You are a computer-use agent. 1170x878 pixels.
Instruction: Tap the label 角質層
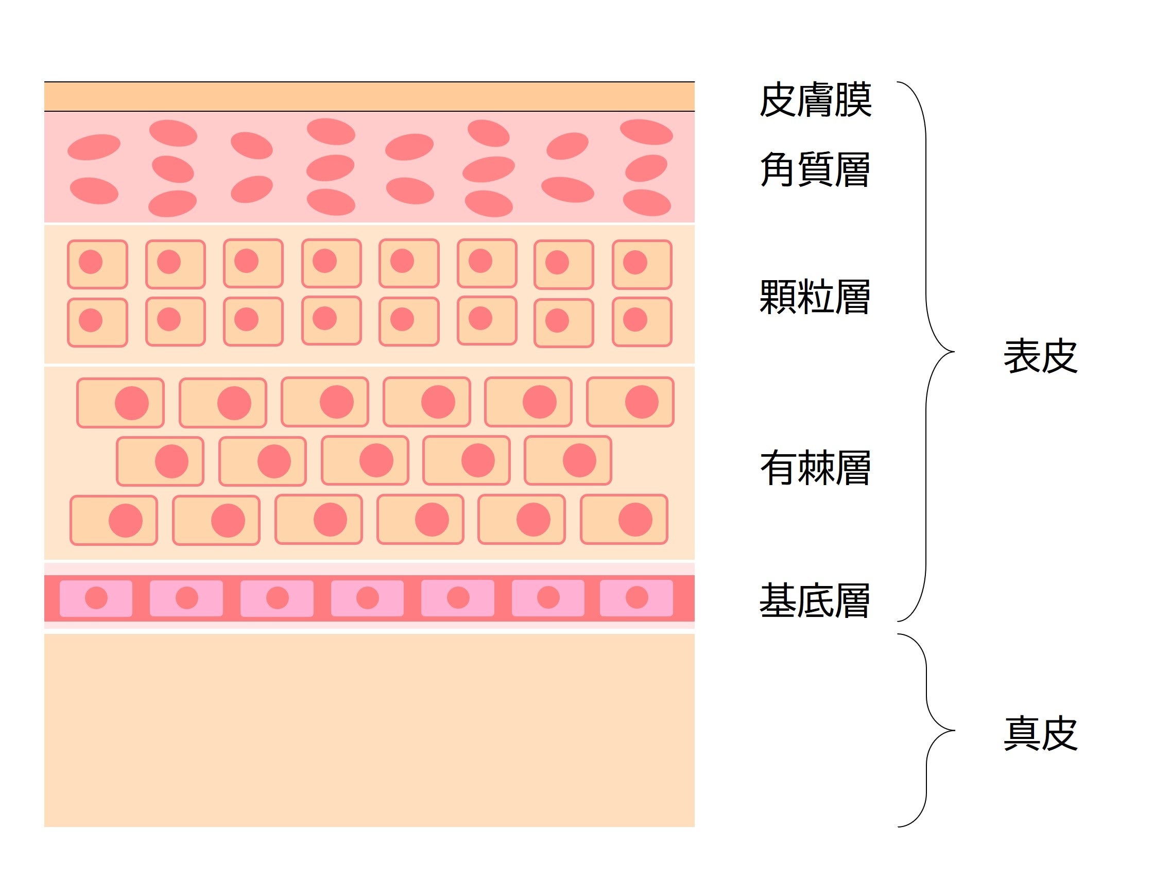click(815, 169)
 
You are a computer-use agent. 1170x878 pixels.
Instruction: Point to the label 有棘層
click(815, 468)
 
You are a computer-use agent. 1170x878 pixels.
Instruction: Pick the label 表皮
click(1040, 356)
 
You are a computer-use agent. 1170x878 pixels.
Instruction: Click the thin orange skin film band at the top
click(369, 96)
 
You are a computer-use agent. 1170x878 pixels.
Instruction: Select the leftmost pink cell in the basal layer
click(96, 598)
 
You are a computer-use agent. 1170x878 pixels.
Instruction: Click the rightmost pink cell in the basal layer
click(636, 598)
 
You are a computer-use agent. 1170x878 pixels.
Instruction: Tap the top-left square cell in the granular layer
click(97, 264)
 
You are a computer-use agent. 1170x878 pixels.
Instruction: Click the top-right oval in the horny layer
click(646, 132)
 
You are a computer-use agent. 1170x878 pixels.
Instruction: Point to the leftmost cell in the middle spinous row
click(160, 461)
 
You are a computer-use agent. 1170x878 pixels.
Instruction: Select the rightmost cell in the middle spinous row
click(568, 460)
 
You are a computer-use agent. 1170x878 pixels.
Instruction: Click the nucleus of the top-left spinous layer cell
click(132, 403)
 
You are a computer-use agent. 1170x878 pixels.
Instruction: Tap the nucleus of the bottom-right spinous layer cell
click(635, 520)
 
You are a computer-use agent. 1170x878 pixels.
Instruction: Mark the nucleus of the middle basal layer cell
click(368, 598)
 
